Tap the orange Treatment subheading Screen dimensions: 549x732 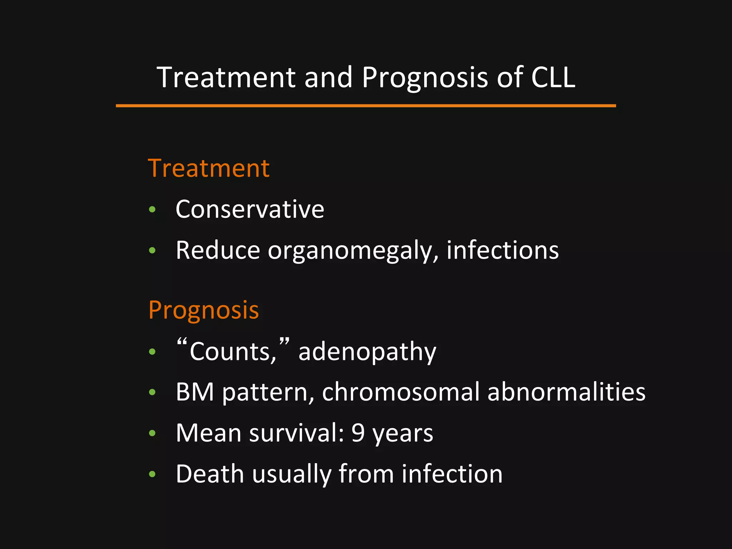[x=209, y=168]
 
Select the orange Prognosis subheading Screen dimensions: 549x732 [x=203, y=310]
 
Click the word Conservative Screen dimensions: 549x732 [x=250, y=209]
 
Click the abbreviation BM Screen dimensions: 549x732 [x=195, y=392]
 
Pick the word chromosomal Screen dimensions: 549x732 [x=401, y=392]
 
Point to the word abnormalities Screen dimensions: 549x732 [x=567, y=392]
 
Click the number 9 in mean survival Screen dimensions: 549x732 [x=358, y=433]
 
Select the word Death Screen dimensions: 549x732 [x=210, y=474]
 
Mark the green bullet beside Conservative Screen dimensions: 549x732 [x=152, y=209]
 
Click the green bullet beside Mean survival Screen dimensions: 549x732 [x=152, y=433]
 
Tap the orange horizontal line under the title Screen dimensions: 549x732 [x=366, y=106]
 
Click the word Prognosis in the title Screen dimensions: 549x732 [x=425, y=77]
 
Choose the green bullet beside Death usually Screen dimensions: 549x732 [x=152, y=474]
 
